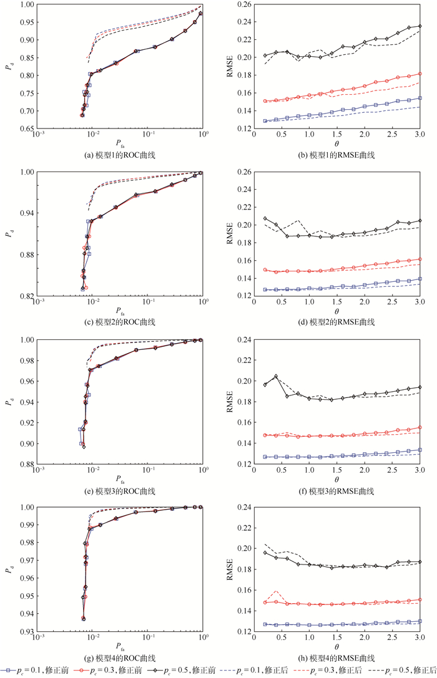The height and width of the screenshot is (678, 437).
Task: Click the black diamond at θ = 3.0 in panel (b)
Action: click(x=420, y=26)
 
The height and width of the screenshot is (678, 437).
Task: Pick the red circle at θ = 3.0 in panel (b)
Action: click(x=420, y=74)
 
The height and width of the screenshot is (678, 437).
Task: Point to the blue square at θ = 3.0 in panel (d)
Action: click(x=420, y=279)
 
